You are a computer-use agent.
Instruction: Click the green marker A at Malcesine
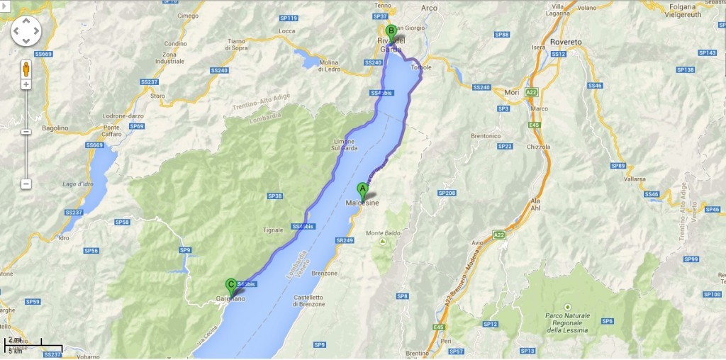pyautogui.click(x=362, y=189)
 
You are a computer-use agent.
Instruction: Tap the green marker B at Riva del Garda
pyautogui.click(x=391, y=30)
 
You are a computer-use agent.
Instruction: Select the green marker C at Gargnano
pyautogui.click(x=230, y=286)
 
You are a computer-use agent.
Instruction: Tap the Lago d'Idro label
pyautogui.click(x=77, y=184)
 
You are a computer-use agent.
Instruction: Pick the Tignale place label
pyautogui.click(x=273, y=230)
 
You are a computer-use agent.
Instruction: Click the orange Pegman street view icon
pyautogui.click(x=26, y=69)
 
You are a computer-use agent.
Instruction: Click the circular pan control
pyautogui.click(x=26, y=30)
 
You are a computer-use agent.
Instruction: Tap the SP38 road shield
pyautogui.click(x=275, y=196)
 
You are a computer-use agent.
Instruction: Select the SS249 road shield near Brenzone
pyautogui.click(x=345, y=240)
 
